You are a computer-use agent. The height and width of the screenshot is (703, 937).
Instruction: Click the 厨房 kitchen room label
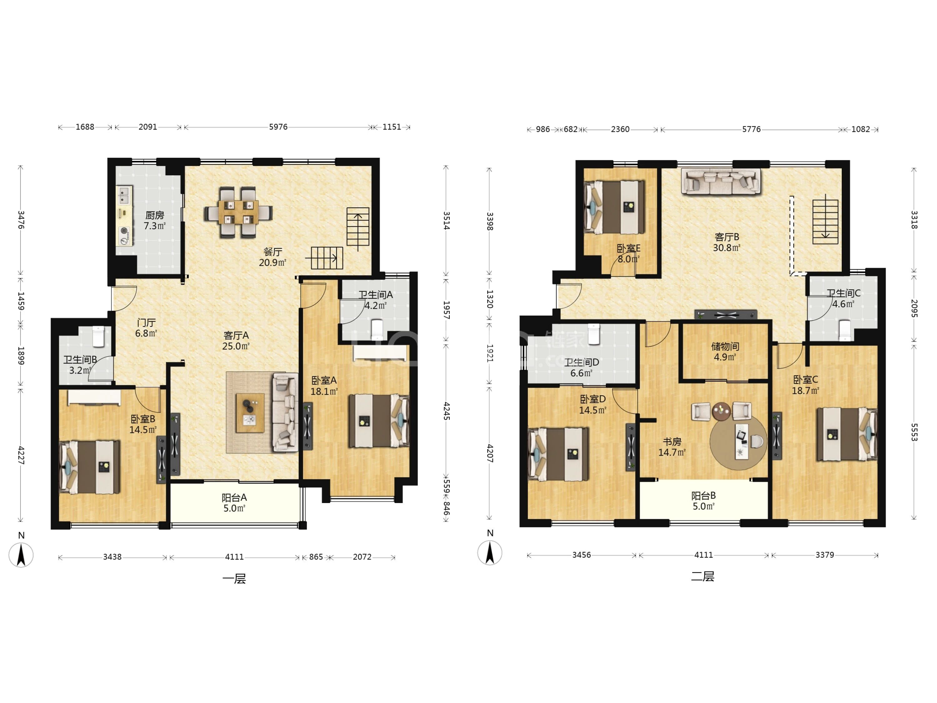(155, 215)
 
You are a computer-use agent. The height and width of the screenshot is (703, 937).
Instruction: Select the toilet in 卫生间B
(98, 336)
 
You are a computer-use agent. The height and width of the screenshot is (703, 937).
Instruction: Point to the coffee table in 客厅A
(250, 413)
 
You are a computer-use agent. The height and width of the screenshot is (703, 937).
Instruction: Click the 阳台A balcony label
(234, 497)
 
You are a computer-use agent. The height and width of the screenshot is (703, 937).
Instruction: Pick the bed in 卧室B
(89, 467)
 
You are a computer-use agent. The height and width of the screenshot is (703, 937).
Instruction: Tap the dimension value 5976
(278, 127)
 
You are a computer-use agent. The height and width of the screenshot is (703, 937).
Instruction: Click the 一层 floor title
(234, 579)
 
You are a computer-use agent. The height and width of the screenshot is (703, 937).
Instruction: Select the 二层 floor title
(703, 577)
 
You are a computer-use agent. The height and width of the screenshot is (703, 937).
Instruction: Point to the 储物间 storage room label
(725, 347)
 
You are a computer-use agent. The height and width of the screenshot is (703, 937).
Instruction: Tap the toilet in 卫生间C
(845, 331)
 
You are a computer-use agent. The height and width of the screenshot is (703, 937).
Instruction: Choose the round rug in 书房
(738, 441)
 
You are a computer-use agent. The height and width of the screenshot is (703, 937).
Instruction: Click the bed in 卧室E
(614, 207)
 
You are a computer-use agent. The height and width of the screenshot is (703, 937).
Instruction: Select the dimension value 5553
(914, 432)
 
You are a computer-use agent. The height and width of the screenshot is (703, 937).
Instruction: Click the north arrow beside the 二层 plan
(490, 553)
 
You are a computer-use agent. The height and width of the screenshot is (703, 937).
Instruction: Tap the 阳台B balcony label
(704, 495)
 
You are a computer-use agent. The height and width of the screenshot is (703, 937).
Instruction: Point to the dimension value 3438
(112, 557)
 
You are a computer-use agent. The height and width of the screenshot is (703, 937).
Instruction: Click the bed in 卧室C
(847, 434)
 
